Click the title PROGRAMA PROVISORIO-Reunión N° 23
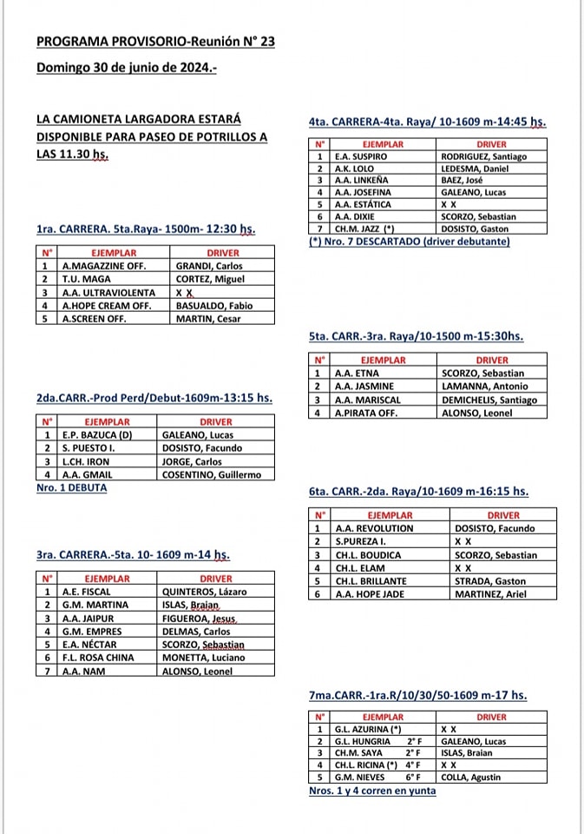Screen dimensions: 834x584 coord(155,41)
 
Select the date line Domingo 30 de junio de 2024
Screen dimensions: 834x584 coord(127,67)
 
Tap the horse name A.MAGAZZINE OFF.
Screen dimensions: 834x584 coord(104,266)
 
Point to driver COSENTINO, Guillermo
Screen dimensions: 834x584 coord(211,474)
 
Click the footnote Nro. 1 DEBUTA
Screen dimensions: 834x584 coord(72,487)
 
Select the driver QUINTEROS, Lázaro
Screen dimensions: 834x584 coord(205,592)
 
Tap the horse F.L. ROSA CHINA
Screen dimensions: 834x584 coord(98,658)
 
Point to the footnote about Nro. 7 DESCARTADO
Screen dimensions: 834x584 coord(410,242)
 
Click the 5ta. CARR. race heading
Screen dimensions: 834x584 coord(416,335)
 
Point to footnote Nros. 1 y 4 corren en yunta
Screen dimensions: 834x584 coord(372,791)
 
